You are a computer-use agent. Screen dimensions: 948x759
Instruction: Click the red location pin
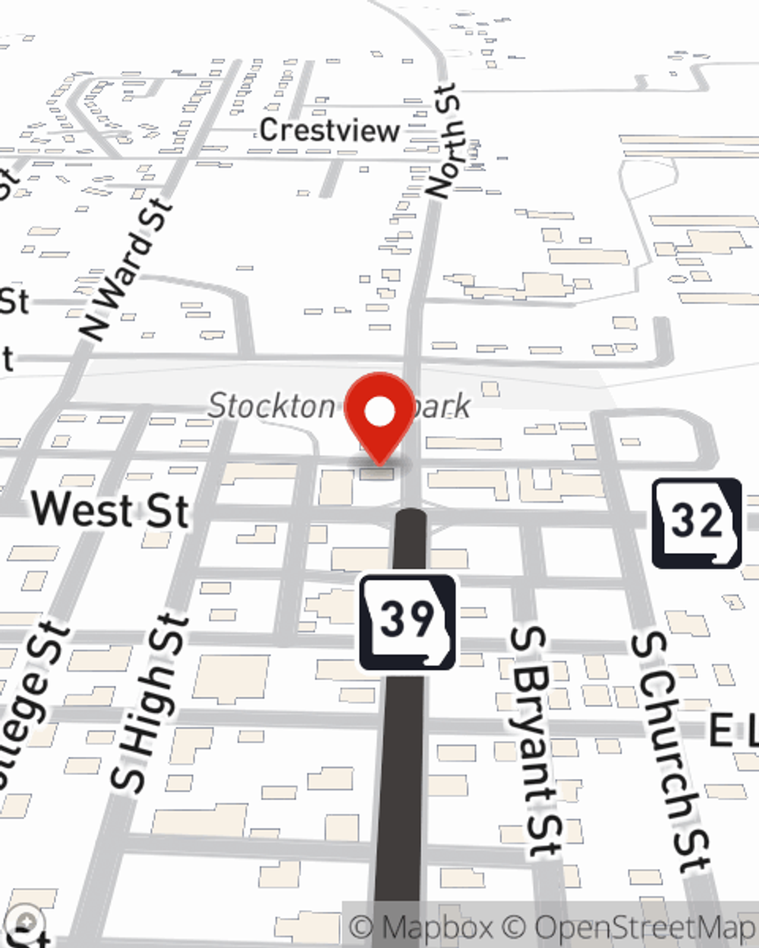pyautogui.click(x=379, y=416)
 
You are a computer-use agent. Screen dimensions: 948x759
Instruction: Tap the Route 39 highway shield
pyautogui.click(x=408, y=623)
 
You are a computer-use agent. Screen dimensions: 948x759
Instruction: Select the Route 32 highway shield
pyautogui.click(x=697, y=523)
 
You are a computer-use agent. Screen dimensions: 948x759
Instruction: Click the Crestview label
pyautogui.click(x=329, y=130)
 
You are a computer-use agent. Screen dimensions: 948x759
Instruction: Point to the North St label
pyautogui.click(x=443, y=142)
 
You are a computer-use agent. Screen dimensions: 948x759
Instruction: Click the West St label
pyautogui.click(x=110, y=509)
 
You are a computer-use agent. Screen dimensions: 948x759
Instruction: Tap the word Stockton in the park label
pyautogui.click(x=271, y=406)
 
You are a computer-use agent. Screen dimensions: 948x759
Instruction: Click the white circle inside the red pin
pyautogui.click(x=380, y=412)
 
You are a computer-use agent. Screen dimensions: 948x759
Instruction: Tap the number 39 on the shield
pyautogui.click(x=408, y=618)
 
